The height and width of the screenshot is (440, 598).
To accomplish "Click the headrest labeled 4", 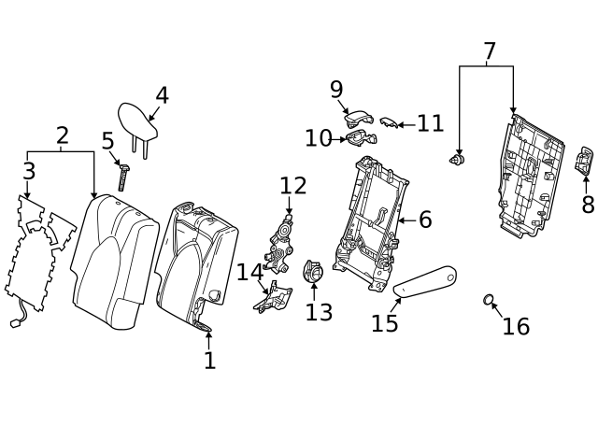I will pos(137,118).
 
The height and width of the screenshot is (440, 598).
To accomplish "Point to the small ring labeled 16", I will pos(488,299).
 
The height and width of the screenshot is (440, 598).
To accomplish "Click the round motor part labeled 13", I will pos(313,273).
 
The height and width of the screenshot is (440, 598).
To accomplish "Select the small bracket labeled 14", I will pos(273,297).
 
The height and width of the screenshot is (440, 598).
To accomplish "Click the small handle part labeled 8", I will pos(585,162).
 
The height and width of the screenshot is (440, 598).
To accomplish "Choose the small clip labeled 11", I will pos(389,122).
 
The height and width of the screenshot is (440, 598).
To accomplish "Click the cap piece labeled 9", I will pos(357,117).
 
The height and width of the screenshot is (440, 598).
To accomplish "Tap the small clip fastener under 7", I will pos(458,161).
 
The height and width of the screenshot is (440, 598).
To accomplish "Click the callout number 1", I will pos(209,360).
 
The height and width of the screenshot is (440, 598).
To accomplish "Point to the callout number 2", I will pos(62,136).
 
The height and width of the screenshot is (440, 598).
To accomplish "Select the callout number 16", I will pos(516,326).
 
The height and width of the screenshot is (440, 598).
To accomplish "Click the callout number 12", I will pos(292,185).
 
